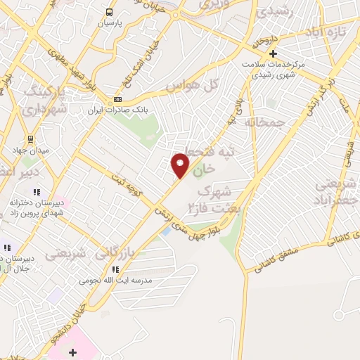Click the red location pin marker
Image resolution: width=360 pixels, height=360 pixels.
[181, 165]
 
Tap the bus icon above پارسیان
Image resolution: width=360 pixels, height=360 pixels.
[109, 12]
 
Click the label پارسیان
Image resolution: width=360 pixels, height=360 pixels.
[109, 23]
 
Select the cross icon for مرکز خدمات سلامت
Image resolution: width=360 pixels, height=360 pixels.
[274, 53]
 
